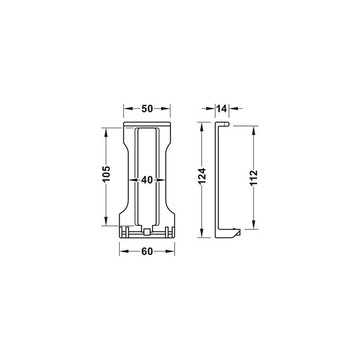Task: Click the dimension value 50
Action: (147, 108)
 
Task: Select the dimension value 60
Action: (147, 252)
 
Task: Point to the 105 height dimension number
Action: (107, 176)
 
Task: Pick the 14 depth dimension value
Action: (221, 108)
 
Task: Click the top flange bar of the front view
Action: (147, 125)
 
